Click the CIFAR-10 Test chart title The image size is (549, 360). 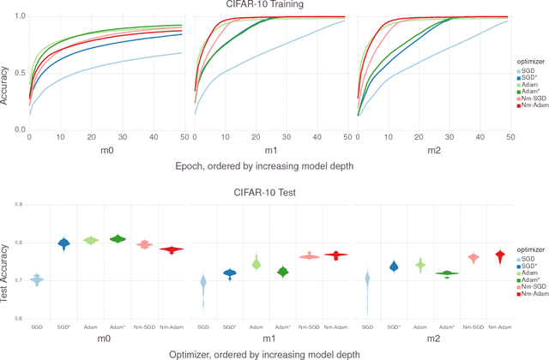pyautogui.click(x=267, y=192)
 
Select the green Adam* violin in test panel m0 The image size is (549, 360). pyautogui.click(x=117, y=238)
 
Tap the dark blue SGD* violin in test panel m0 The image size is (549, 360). pyautogui.click(x=63, y=243)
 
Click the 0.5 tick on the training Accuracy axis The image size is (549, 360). pyautogui.click(x=19, y=73)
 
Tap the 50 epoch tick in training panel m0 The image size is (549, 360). pyautogui.click(x=183, y=137)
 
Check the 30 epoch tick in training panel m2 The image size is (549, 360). pyautogui.click(x=448, y=137)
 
